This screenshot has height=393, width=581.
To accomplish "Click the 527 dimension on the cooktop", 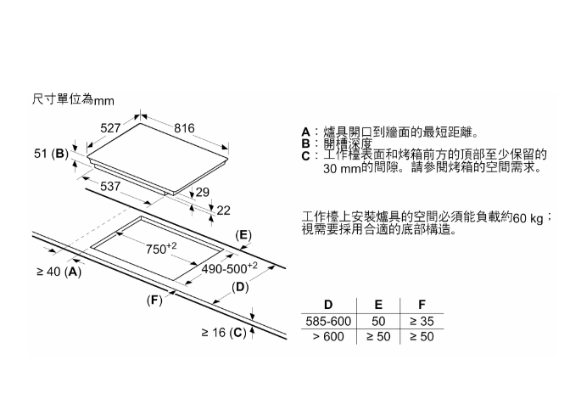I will pos(111,127).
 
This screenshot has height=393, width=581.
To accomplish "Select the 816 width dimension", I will pos(184,127).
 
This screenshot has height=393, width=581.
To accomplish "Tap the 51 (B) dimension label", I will pos(52,154).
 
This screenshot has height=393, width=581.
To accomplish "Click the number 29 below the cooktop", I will pos(203,193).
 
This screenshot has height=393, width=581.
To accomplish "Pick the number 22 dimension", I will pos(224,210).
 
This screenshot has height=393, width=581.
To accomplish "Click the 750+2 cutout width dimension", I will pos(160,248).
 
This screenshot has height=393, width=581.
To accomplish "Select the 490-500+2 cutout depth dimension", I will pos(228,268).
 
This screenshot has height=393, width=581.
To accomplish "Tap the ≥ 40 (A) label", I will pos(59,272).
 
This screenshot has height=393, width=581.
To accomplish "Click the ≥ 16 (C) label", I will pos(223,332).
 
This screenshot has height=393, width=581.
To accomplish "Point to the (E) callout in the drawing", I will pos(243,234).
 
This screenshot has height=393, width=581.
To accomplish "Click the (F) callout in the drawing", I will pos(154,300).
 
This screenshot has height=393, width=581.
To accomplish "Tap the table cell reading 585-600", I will pos(327,322).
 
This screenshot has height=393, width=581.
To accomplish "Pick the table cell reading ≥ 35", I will pos(421,322).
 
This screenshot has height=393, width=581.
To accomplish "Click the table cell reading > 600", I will pos(327,337).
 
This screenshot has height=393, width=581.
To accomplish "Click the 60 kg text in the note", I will pos(528,220).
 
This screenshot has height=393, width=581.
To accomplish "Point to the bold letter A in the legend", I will pos(306,132).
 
